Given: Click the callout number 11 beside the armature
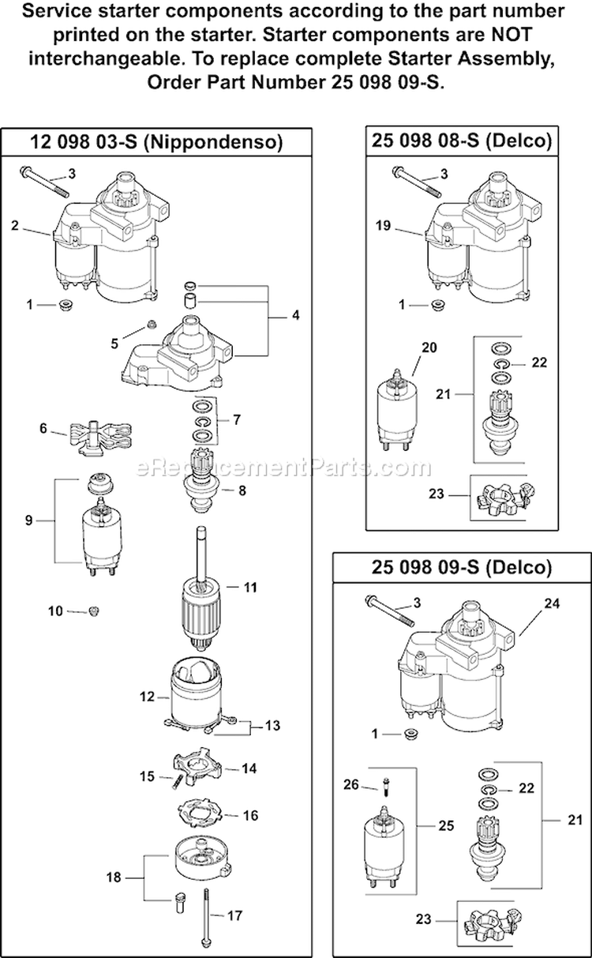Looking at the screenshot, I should tap(251, 588).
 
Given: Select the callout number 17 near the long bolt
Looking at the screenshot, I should tap(234, 916).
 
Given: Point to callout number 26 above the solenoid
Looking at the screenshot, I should tap(351, 784).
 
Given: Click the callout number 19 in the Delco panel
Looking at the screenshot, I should tap(384, 225).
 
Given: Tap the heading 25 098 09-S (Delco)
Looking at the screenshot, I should tap(460, 567).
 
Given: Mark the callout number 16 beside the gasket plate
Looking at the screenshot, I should tap(250, 815).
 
